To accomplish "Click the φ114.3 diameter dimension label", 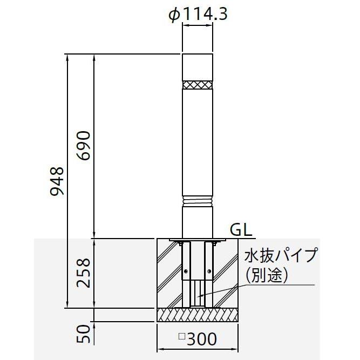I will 198,15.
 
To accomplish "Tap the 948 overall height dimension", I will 57,181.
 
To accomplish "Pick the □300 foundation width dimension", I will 198,338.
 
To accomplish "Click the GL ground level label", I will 241,230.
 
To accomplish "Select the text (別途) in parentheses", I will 268,275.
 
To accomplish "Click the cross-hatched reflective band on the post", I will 198,85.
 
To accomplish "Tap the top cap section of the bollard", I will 198,67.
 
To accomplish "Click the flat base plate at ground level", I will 198,240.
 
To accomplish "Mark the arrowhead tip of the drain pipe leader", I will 198,297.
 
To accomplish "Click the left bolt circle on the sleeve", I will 186,271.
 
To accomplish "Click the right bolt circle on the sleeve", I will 209,271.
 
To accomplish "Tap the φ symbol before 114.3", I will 174,15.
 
